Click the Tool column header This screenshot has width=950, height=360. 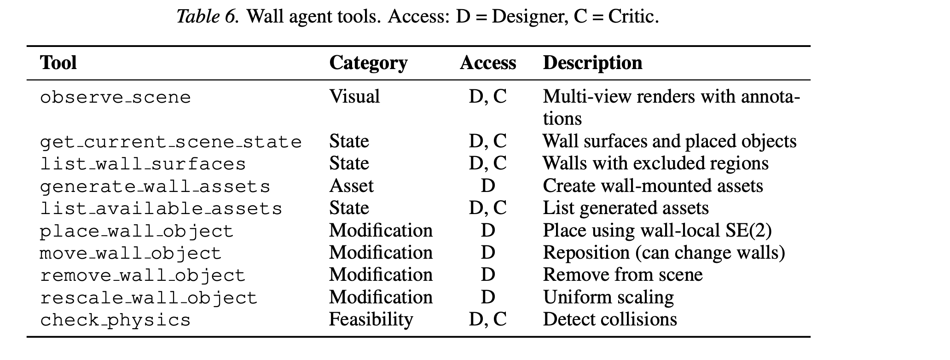58,63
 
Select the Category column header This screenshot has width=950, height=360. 368,63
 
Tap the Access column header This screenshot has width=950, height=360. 488,63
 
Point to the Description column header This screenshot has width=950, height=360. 592,63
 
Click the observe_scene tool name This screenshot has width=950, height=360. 115,98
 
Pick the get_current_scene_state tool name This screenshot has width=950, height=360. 171,142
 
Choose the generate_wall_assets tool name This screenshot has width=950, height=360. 155,186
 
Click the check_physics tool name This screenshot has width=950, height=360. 115,320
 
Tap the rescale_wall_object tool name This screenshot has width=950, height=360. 149,298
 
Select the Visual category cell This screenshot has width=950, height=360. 354,97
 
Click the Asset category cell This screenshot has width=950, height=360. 351,186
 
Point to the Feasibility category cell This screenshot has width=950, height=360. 371,319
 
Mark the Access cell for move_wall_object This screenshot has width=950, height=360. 488,253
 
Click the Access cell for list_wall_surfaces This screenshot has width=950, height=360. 488,164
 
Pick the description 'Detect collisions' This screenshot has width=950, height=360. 610,319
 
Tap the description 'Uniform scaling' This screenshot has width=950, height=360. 608,297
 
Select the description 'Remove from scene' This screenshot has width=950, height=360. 623,275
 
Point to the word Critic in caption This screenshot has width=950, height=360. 633,17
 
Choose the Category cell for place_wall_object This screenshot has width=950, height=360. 381,230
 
